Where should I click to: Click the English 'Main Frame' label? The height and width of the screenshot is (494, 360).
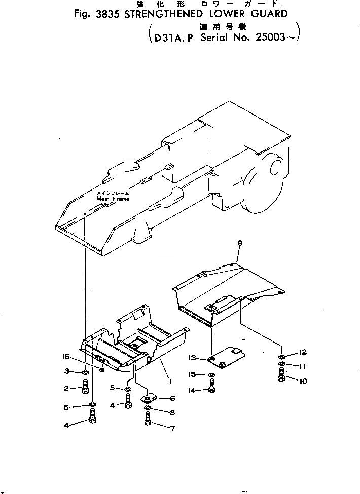(113, 199)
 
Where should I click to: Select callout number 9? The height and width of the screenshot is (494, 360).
(240, 244)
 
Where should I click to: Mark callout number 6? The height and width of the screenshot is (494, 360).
(172, 399)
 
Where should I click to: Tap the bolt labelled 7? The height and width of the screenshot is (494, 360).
(147, 419)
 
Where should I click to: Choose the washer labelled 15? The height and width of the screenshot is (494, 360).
(211, 375)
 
